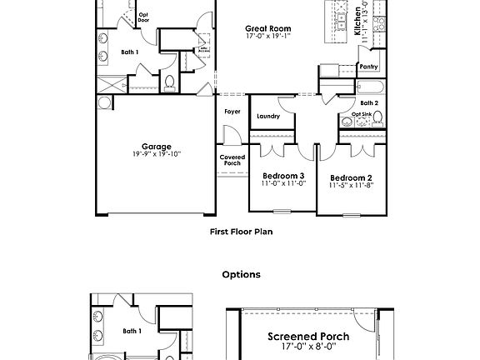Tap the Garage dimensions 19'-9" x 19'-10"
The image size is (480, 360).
(x=156, y=154)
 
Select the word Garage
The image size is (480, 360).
(x=156, y=146)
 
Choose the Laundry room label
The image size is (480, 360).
(x=267, y=116)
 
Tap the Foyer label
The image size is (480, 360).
(x=232, y=111)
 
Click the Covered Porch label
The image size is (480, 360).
(x=232, y=160)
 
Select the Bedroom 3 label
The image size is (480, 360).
(x=283, y=175)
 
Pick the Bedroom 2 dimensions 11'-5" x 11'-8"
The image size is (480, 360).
(x=350, y=186)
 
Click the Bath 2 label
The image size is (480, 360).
(x=370, y=102)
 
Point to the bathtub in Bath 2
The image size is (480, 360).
(x=369, y=87)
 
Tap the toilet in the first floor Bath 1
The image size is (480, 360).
(x=170, y=82)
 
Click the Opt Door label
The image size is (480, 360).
(x=143, y=17)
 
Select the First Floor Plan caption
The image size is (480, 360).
(x=241, y=232)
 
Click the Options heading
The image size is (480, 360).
(x=241, y=274)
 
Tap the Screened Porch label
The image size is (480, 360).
(x=307, y=337)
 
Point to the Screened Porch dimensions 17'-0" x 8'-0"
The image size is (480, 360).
(x=307, y=347)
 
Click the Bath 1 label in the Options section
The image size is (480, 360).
(x=132, y=331)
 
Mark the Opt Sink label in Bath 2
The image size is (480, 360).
(x=361, y=114)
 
